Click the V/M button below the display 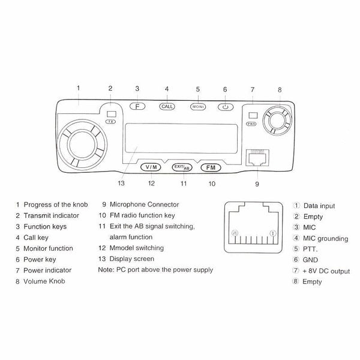pos(151,167)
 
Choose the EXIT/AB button pos(181,167)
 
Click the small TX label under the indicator pos(111,121)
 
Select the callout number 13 pos(122,183)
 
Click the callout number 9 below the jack pos(257,184)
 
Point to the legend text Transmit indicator pos(51,215)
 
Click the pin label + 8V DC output pos(328,271)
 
